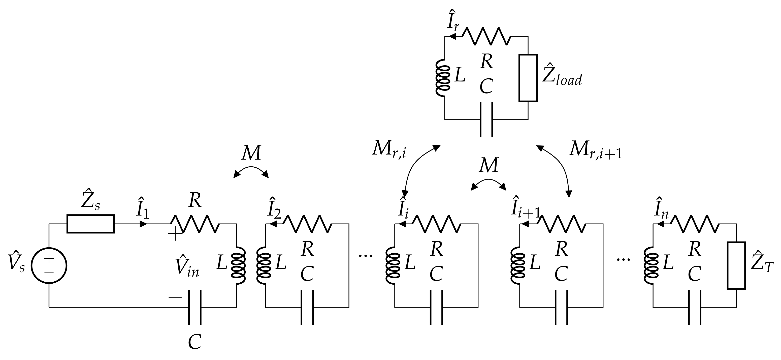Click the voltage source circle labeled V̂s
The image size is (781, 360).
[49, 265]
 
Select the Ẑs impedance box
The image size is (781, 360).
[91, 224]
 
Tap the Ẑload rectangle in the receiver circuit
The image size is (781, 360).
[528, 78]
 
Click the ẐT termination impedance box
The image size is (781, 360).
[736, 265]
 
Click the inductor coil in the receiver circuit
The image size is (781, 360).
[443, 78]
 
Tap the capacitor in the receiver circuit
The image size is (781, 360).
[486, 119]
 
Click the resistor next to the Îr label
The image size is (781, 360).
[488, 36]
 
